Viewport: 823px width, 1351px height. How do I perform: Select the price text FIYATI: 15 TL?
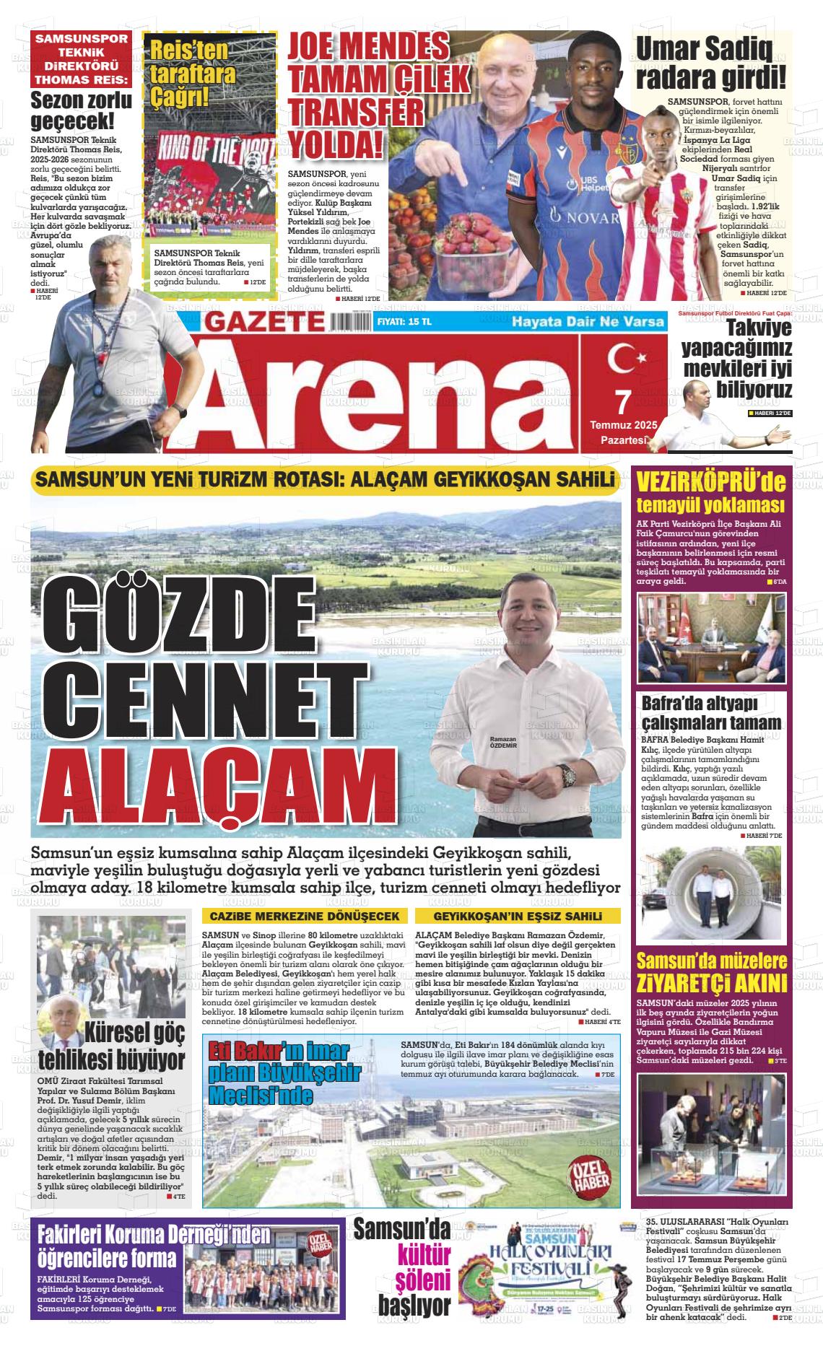(404, 322)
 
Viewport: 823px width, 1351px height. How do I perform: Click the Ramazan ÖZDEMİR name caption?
(503, 743)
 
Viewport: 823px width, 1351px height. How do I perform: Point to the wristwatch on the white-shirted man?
(569, 777)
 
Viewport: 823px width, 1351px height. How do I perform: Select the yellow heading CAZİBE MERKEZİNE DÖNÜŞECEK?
(304, 916)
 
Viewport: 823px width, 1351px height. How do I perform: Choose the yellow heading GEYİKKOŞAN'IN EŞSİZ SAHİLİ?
(517, 916)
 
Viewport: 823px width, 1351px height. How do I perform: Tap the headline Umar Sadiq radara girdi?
(710, 64)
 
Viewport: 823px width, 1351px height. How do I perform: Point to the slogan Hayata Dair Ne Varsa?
(587, 322)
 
